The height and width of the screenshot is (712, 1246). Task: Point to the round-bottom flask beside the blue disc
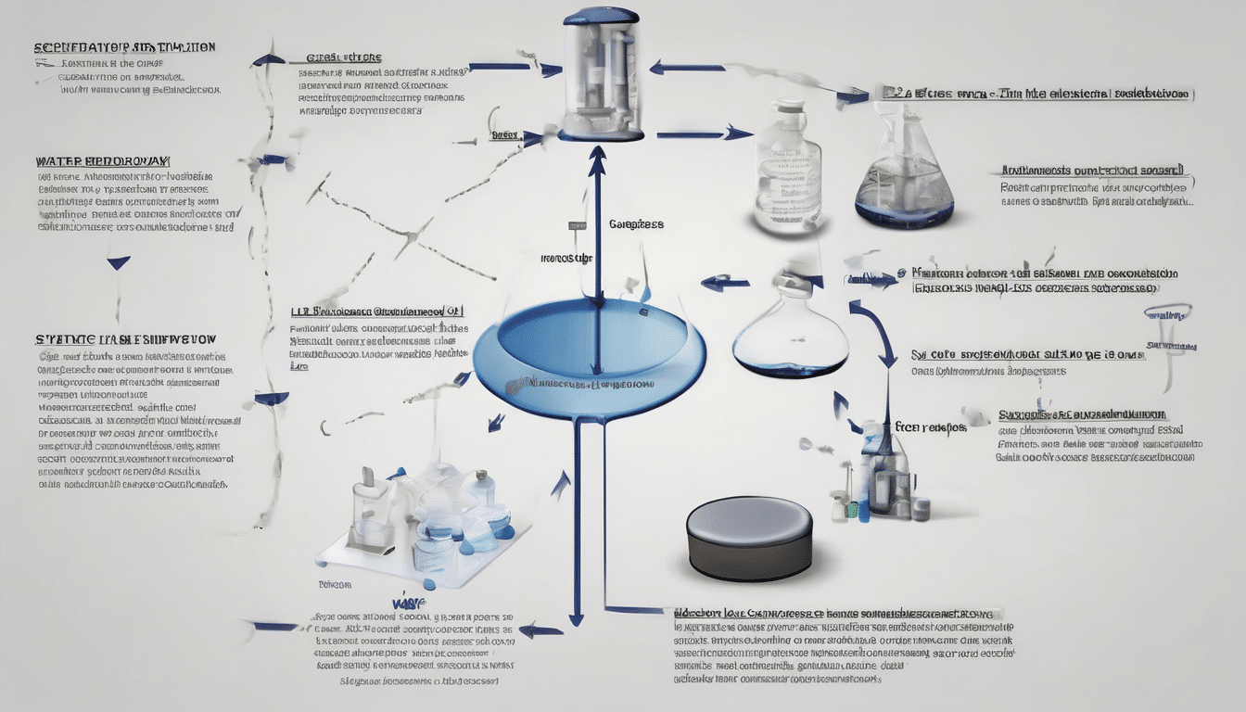[x=790, y=329]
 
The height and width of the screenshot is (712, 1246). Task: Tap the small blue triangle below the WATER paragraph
[x=118, y=263]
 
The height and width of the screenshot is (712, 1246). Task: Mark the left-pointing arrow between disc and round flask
[x=723, y=283]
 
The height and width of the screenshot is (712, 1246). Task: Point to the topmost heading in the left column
[x=124, y=46]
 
